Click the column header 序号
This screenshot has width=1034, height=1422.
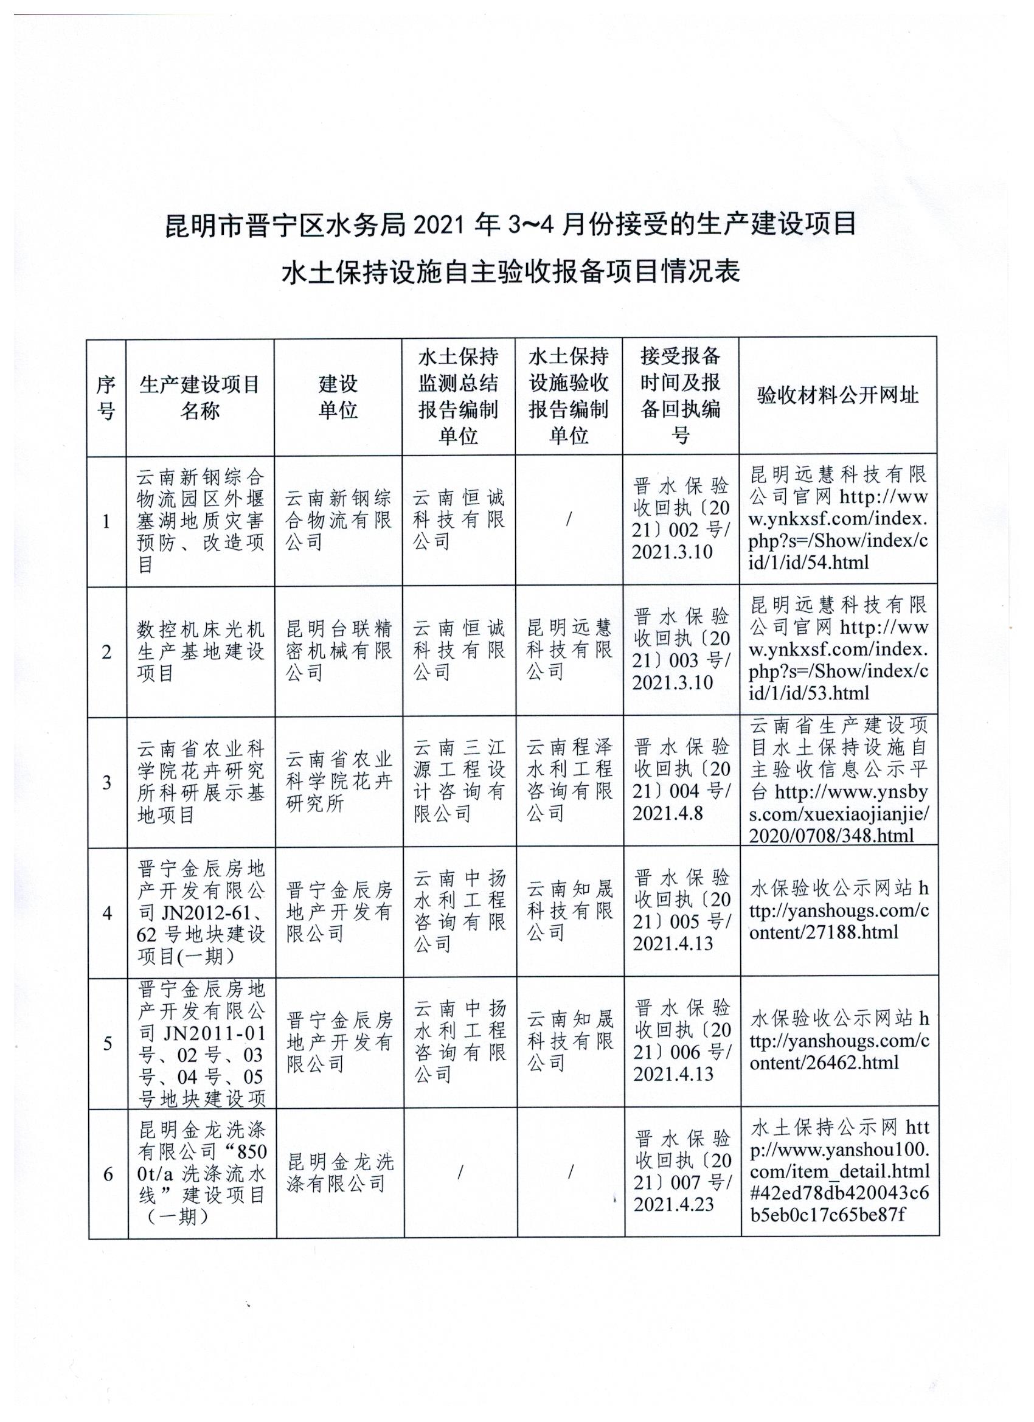(x=106, y=398)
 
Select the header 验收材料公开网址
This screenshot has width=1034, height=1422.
(x=838, y=395)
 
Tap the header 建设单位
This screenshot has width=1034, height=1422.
(x=338, y=397)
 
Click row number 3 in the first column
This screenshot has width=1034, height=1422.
(x=107, y=783)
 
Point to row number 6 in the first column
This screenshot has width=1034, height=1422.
(x=108, y=1174)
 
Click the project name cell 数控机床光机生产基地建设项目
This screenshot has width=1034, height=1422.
(x=201, y=651)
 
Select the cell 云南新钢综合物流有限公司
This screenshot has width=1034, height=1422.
(x=338, y=521)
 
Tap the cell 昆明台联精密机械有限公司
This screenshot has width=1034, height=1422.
(x=339, y=651)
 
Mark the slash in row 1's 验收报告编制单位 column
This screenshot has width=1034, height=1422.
(x=569, y=520)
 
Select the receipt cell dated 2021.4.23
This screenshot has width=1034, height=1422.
(x=682, y=1174)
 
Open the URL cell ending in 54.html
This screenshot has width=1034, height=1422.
(x=838, y=519)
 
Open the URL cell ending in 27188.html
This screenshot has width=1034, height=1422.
(x=839, y=912)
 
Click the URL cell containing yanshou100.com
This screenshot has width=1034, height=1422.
(x=839, y=1174)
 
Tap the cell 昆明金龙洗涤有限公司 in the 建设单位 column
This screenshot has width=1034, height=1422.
(x=340, y=1174)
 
